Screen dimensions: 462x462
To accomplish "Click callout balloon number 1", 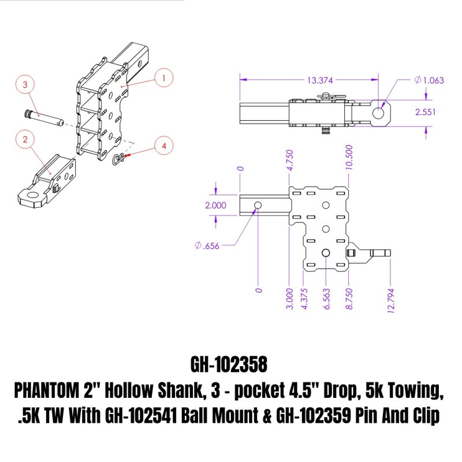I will click(x=164, y=77).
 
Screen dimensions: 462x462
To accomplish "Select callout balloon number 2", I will click(x=26, y=139).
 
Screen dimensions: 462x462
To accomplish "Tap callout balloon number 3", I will click(x=25, y=85).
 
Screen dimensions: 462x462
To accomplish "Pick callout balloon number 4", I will click(x=164, y=147).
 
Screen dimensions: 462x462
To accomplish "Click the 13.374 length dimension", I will click(x=307, y=80).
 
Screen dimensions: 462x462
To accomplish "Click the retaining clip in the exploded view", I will click(x=119, y=158).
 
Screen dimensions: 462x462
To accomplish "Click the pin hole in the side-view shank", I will click(x=258, y=206).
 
